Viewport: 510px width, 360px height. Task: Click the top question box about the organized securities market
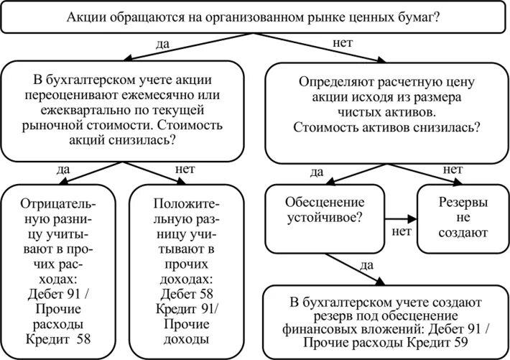[254, 17]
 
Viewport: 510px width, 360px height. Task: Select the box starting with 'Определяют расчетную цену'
[386, 111]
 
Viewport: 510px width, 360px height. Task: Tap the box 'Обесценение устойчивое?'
[325, 218]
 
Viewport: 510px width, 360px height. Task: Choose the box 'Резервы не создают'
[463, 218]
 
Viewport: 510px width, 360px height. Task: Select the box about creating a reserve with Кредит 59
[386, 322]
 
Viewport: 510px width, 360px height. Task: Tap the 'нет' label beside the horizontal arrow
[402, 233]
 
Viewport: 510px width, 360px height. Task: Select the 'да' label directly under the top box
[162, 45]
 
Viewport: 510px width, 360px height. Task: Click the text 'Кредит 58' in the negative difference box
[57, 338]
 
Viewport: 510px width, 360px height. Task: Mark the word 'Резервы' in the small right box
[463, 203]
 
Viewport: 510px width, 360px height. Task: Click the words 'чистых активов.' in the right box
[386, 112]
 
